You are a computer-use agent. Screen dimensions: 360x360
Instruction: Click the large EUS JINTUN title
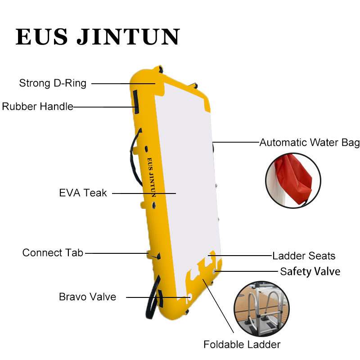(98, 37)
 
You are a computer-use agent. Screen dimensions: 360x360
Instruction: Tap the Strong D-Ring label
(53, 83)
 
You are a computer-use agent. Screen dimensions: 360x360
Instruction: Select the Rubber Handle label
(37, 107)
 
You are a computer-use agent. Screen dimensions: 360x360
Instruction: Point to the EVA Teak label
(83, 193)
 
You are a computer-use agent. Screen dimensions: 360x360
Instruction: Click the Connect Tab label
(53, 252)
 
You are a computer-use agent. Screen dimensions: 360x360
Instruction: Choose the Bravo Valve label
(87, 297)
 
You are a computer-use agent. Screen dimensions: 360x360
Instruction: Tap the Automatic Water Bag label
(310, 143)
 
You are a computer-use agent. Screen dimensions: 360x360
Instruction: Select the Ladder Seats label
(304, 256)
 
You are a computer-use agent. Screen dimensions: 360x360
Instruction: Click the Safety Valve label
(310, 272)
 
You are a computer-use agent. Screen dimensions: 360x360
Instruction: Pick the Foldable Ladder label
(242, 344)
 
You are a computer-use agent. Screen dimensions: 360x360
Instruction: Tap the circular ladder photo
(261, 309)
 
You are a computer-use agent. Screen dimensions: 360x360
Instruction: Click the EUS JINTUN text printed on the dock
(152, 177)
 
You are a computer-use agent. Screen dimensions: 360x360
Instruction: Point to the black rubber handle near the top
(136, 102)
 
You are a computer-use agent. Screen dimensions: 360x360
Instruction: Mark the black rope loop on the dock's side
(135, 157)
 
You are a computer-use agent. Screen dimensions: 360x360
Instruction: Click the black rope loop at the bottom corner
(153, 297)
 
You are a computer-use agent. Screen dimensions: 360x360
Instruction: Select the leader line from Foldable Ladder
(218, 306)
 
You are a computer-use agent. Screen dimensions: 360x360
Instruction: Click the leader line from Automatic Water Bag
(236, 142)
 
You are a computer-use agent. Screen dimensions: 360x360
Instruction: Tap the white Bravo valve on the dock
(189, 296)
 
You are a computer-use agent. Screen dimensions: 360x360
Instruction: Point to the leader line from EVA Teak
(144, 193)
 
